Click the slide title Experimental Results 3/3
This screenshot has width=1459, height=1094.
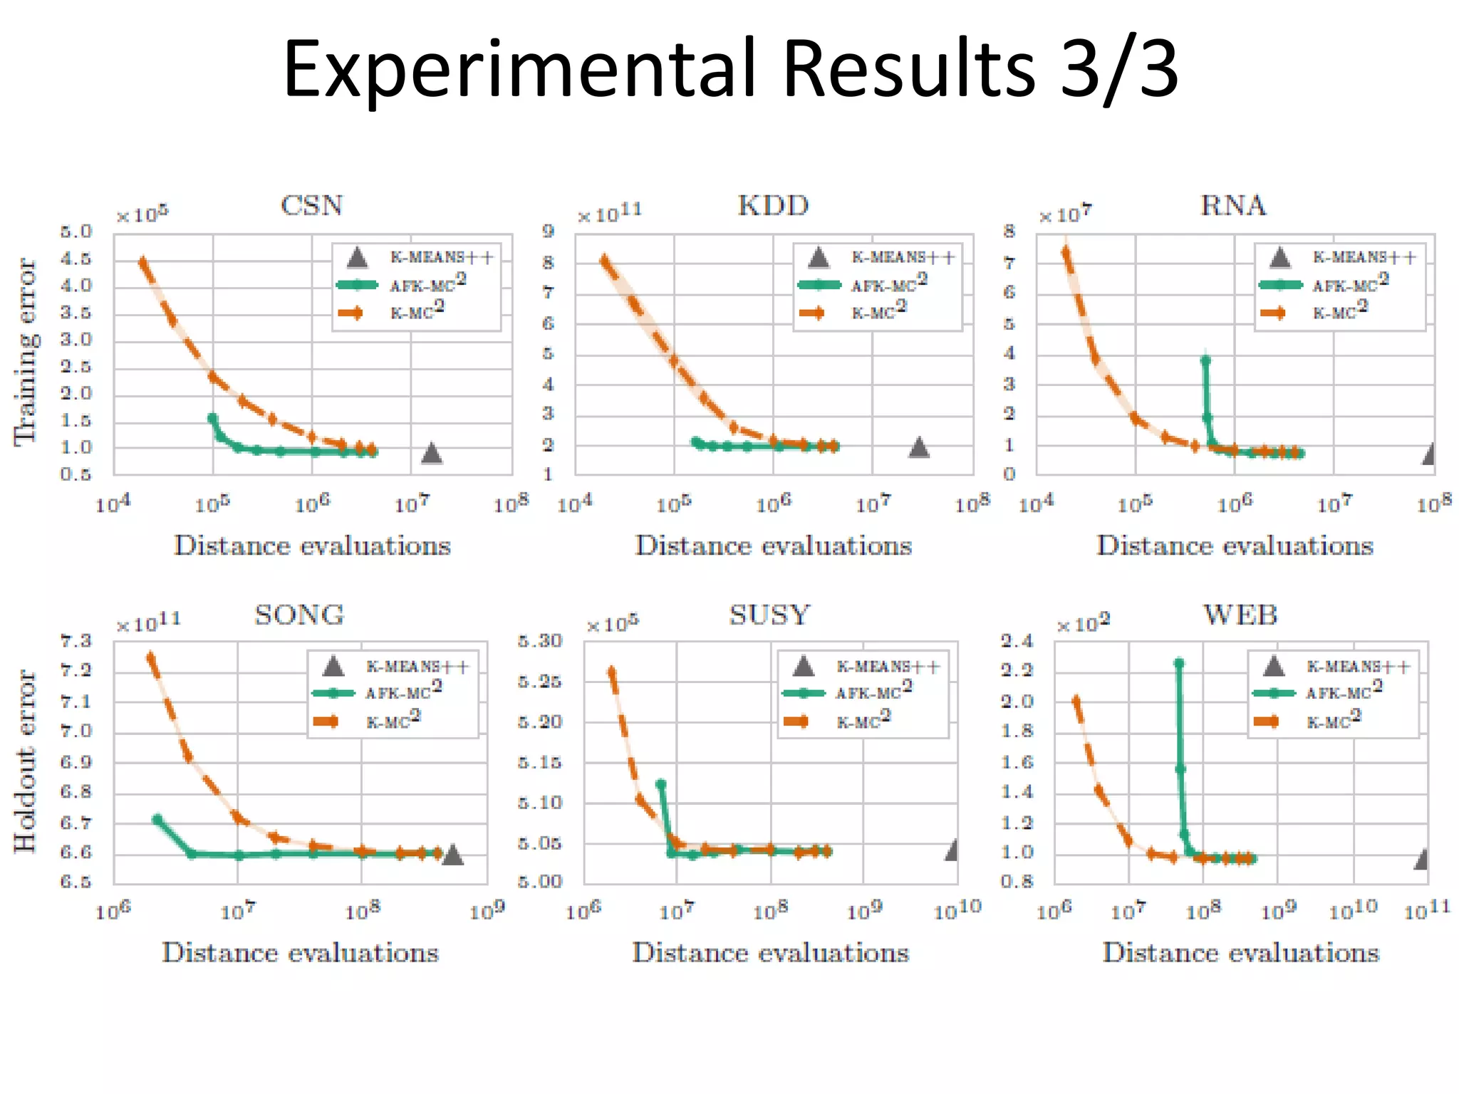point(729,69)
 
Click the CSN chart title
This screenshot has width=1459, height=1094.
point(311,206)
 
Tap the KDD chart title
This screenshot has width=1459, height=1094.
point(773,206)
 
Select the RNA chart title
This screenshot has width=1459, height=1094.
point(1233,206)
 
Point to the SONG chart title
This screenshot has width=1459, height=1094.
point(299,615)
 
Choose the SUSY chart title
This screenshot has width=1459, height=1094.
point(769,615)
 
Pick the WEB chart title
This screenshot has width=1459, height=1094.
point(1240,615)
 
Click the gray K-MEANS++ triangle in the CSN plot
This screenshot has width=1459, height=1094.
point(432,453)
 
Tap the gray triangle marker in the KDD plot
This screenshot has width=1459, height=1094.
point(919,447)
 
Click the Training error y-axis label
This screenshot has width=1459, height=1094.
point(26,352)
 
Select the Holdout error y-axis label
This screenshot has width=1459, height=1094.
point(26,761)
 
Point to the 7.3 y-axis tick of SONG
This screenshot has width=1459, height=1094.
point(76,641)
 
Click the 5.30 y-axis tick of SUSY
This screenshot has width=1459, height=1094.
point(540,641)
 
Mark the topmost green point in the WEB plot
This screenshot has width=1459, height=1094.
point(1178,663)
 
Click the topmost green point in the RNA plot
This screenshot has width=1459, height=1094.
point(1205,360)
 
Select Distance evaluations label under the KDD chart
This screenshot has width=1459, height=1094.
point(773,546)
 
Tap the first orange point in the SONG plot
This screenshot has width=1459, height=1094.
point(151,657)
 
